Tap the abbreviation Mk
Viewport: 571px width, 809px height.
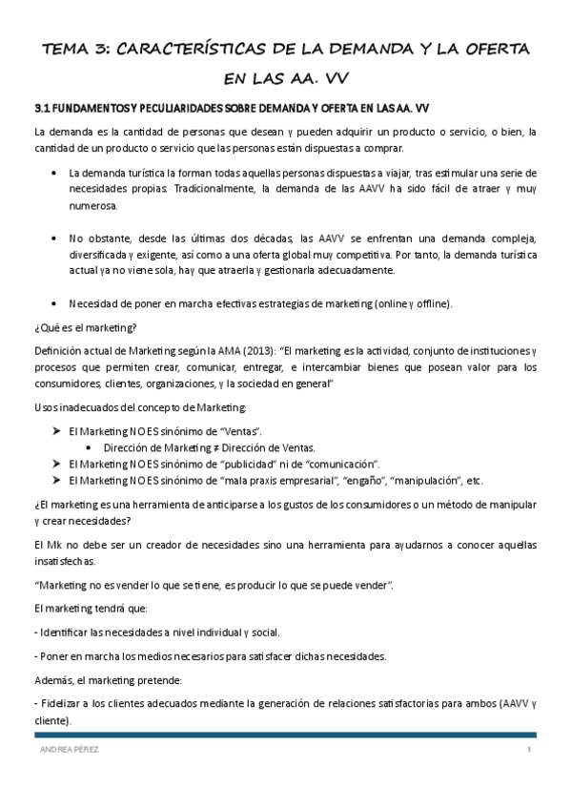[x=53, y=545]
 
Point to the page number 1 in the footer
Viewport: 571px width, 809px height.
[x=528, y=751]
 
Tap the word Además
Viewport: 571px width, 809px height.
[x=54, y=680]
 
